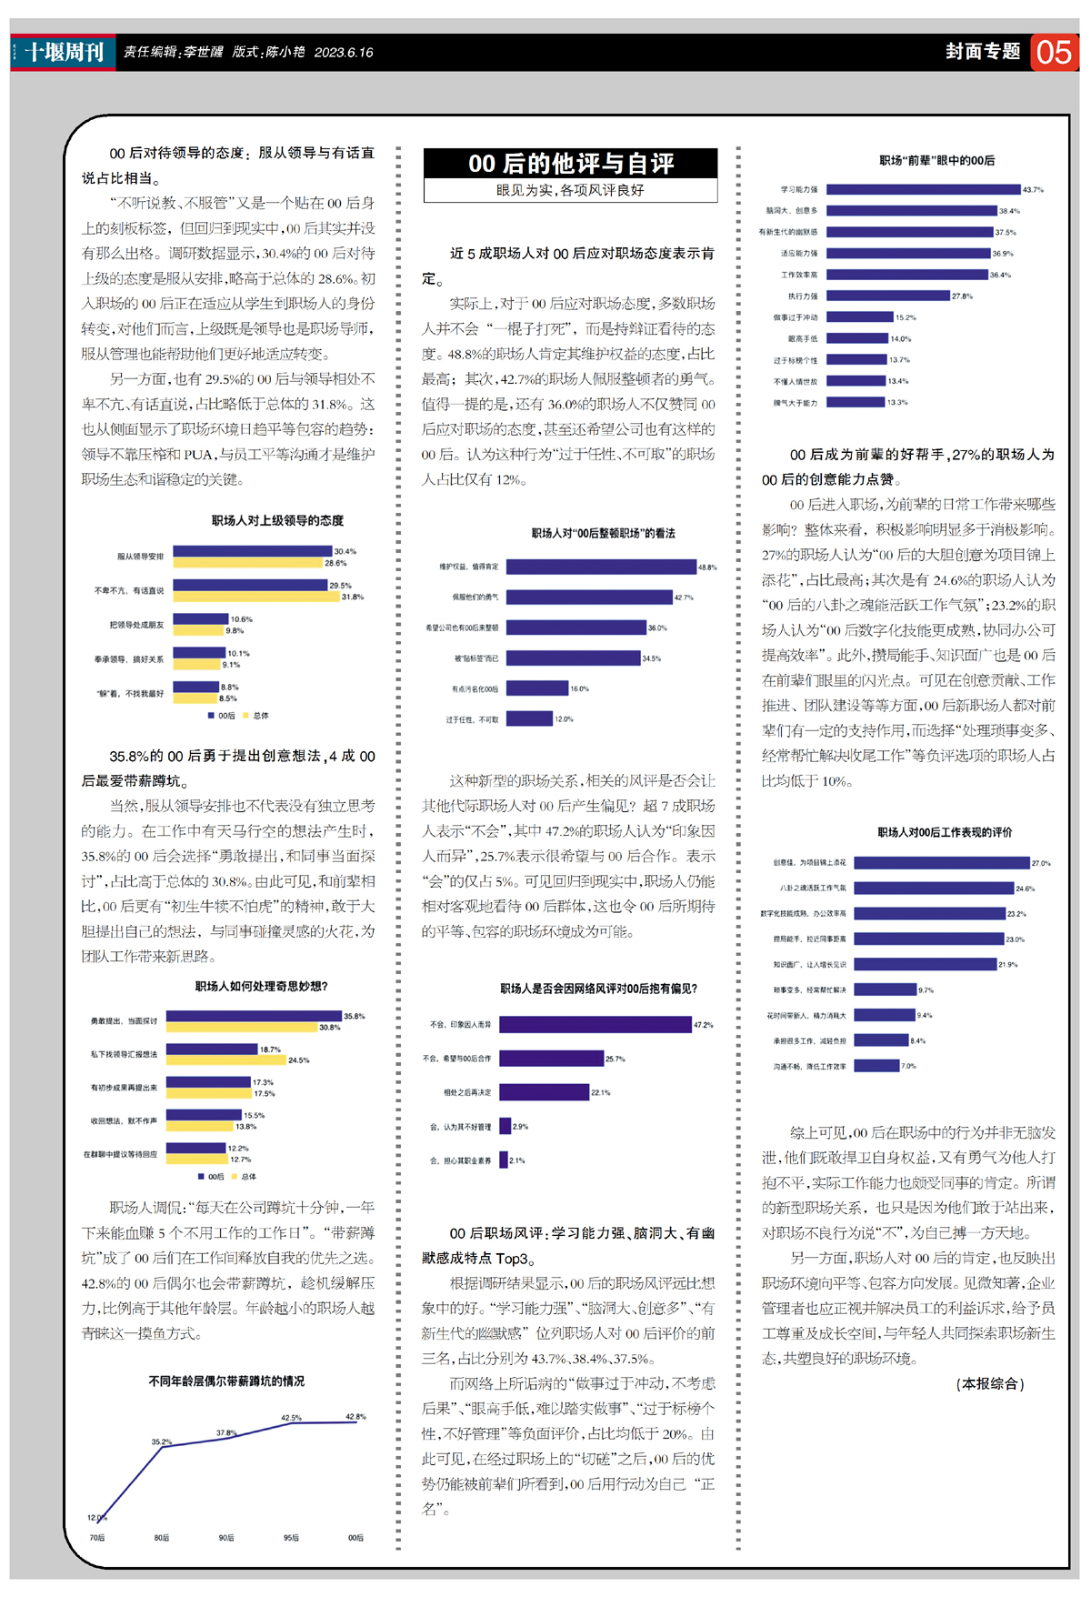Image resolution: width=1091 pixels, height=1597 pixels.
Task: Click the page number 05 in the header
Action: (1054, 53)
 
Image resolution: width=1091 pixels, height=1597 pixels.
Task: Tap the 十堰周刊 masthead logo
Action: (64, 52)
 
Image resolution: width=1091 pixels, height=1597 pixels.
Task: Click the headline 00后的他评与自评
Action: (571, 164)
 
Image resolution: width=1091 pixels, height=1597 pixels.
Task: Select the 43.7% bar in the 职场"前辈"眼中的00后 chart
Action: (923, 190)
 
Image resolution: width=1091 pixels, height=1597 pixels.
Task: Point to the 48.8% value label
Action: (707, 567)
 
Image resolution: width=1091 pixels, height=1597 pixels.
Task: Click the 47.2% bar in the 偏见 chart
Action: (596, 1025)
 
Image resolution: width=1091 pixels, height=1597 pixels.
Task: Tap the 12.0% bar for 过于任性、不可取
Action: (529, 719)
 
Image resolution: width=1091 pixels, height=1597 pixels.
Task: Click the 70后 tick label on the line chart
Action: (97, 1538)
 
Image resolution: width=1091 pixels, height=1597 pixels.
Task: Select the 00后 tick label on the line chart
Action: (355, 1538)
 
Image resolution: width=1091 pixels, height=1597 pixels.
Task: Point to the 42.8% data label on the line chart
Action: (355, 1417)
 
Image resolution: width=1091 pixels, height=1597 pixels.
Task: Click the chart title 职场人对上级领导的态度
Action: (277, 520)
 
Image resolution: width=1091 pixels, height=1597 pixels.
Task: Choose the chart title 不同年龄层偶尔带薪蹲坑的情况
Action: (226, 1381)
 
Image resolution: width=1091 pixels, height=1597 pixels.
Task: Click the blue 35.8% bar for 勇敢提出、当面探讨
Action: (254, 1016)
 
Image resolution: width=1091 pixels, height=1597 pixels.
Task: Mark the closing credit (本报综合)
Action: (990, 1383)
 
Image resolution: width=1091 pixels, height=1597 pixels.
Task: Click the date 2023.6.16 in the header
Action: (344, 53)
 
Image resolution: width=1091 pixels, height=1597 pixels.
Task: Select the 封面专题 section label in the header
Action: (982, 52)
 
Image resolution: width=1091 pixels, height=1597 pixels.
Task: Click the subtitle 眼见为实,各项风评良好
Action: (570, 190)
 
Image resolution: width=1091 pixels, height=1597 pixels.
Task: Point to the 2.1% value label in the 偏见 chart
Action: (516, 1160)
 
